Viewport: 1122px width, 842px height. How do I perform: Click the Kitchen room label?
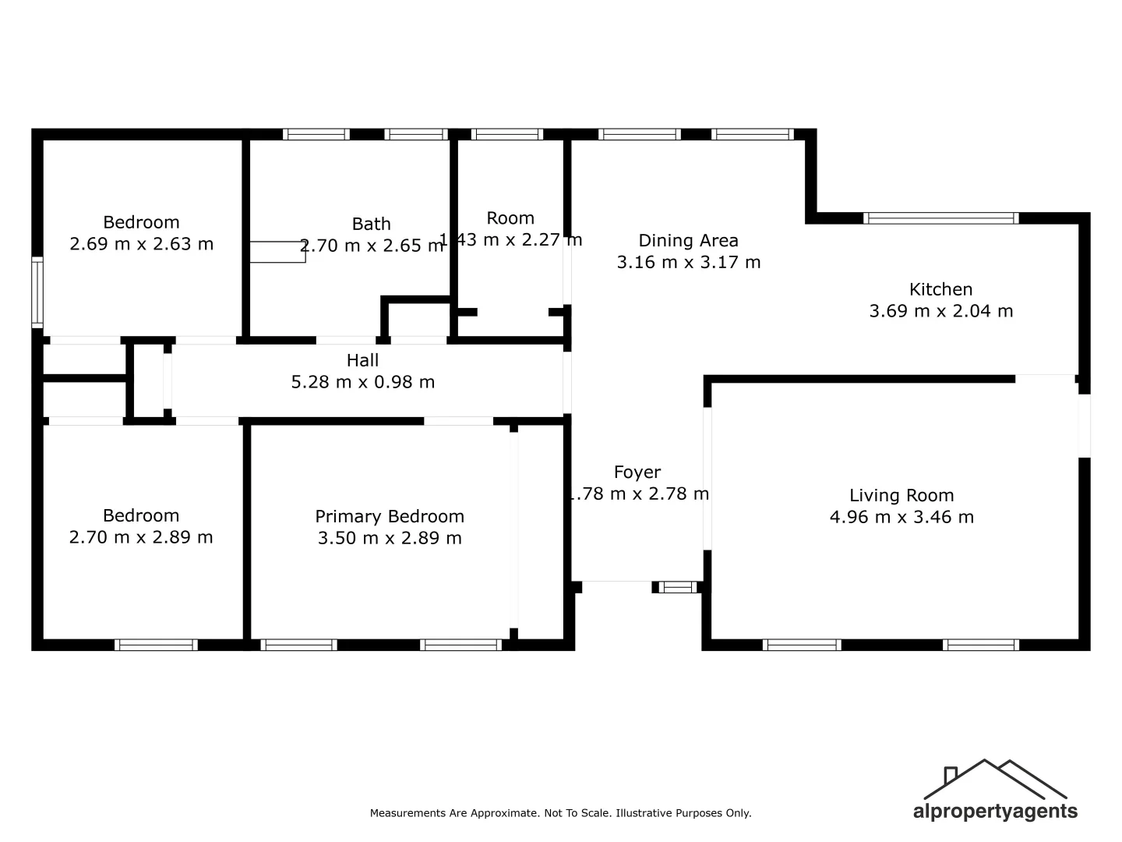[940, 289]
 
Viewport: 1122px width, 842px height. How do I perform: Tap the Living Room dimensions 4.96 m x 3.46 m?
[901, 517]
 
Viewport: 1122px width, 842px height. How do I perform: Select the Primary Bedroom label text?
[390, 516]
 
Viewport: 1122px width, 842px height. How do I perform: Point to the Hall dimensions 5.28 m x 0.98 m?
[363, 382]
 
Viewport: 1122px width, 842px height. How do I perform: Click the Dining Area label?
[688, 240]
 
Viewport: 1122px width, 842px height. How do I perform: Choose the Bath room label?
[371, 224]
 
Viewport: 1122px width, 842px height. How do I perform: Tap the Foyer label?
[637, 472]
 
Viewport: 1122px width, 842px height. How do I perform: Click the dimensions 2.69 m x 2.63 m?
[141, 244]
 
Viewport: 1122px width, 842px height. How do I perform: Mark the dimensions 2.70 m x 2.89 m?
[141, 537]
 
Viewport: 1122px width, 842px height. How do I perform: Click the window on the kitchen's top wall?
[940, 218]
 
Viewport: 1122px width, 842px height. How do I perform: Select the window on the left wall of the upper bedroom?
[37, 292]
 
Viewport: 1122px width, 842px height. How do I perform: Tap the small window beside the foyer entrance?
[678, 587]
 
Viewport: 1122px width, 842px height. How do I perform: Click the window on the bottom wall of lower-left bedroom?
[156, 645]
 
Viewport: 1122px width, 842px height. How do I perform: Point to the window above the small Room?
[506, 134]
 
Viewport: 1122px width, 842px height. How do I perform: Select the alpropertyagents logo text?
[995, 812]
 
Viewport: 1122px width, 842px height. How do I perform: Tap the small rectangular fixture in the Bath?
[277, 252]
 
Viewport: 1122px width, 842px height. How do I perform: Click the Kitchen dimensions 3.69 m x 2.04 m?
[940, 311]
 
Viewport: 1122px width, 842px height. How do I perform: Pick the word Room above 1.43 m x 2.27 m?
[510, 218]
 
